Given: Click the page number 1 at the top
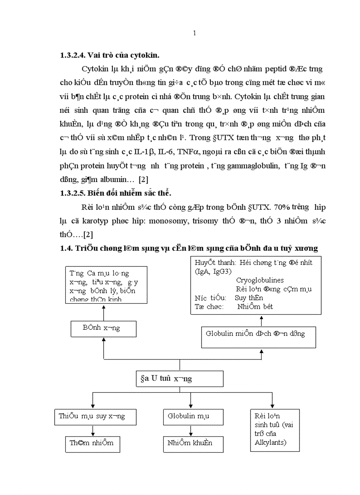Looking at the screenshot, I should [195, 33].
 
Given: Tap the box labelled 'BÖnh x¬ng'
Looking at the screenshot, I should [104, 328].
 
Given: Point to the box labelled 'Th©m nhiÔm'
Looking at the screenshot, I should [92, 443].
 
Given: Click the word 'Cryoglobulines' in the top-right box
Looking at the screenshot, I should [260, 280].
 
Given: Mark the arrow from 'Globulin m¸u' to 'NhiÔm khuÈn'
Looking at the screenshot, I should [190, 430].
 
